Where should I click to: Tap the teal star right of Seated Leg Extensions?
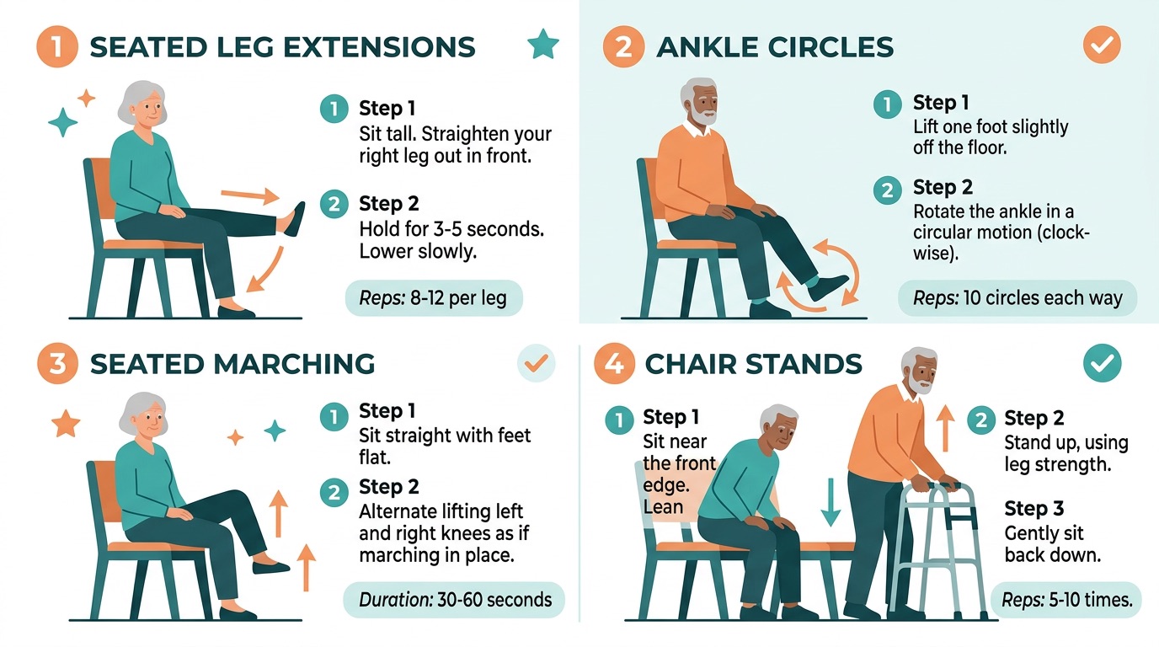pos(542,44)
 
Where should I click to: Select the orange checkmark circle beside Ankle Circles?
pos(1101,45)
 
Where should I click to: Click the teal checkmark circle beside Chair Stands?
pos(1101,363)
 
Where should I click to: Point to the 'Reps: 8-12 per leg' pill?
pos(434,299)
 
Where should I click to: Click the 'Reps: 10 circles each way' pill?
pos(1017,298)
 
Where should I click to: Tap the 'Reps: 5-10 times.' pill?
pos(1066,600)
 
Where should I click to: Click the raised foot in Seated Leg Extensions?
pos(295,218)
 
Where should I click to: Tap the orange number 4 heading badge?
pos(614,364)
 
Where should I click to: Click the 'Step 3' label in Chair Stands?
pos(1033,508)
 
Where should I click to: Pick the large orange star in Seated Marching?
pos(65,424)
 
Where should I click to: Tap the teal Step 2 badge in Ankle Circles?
pos(886,190)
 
